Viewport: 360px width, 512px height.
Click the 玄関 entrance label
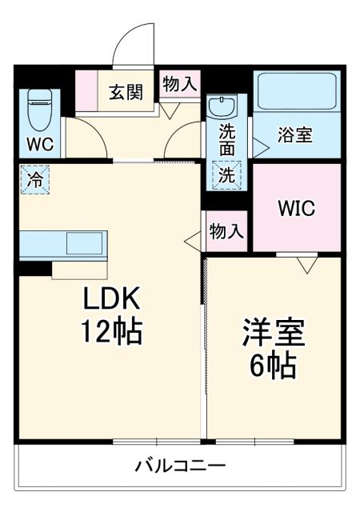pos(126,93)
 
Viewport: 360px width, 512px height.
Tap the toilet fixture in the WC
pos(38,109)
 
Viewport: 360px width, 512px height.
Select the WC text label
pos(38,145)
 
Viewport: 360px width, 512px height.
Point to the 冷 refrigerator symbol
pos(34,180)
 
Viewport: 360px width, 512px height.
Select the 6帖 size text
pos(274,367)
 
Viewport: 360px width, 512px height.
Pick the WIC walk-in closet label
pos(297,208)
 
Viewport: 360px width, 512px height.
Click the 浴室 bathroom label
pos(295,134)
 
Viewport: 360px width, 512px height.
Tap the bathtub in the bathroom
pos(296,94)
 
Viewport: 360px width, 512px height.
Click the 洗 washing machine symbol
pos(226,175)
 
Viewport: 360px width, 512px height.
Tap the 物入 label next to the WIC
pos(226,232)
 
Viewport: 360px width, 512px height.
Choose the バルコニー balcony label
pos(179,465)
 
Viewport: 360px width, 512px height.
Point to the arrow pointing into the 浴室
pos(261,147)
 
